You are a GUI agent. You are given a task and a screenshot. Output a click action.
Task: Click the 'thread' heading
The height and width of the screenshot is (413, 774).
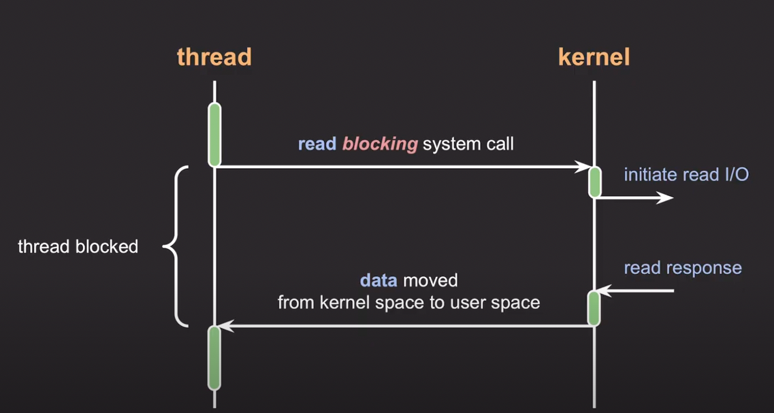coord(214,57)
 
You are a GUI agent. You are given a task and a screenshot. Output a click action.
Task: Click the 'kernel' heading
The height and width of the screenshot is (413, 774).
coord(594,57)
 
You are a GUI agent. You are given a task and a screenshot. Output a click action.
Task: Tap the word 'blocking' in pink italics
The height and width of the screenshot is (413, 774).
coord(380,145)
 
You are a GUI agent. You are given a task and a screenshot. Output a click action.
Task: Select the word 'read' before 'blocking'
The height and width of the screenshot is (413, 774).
coord(317,145)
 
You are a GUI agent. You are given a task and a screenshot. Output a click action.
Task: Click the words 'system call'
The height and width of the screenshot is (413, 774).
coord(468,145)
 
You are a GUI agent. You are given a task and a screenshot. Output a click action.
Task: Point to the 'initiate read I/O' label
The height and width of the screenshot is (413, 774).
coord(686,175)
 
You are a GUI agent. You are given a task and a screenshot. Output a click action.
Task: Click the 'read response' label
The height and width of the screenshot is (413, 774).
coord(683,267)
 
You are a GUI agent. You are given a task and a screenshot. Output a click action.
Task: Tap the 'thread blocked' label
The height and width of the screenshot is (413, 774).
coord(78,246)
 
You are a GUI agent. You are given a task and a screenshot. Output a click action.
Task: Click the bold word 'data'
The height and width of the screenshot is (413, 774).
coord(378,280)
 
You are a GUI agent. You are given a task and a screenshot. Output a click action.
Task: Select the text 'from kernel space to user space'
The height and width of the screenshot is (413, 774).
coord(408,302)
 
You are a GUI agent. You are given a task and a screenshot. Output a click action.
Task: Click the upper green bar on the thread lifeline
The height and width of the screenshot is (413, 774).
coord(214,134)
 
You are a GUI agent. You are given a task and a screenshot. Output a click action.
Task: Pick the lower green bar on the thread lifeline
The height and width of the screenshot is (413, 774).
coord(214,358)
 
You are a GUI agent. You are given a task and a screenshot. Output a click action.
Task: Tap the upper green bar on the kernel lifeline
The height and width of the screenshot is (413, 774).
coord(594,182)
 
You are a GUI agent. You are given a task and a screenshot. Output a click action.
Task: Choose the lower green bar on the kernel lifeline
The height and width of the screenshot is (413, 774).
coord(594,308)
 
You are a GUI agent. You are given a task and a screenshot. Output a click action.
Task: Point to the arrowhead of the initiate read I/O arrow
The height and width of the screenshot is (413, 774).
coord(666,197)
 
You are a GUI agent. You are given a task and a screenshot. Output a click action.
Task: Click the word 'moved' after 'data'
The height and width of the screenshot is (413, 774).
coord(430,280)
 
